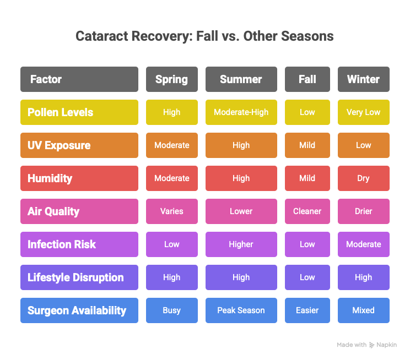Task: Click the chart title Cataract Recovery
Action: (204, 37)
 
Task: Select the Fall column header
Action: (307, 79)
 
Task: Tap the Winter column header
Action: (363, 79)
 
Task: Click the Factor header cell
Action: (79, 79)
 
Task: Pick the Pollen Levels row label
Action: (79, 112)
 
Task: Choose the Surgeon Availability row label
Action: (79, 310)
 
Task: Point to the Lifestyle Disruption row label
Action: (79, 277)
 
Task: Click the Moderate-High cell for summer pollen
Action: (241, 112)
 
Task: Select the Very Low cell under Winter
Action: (363, 112)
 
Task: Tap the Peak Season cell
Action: (241, 310)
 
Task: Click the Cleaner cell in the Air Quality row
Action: (307, 211)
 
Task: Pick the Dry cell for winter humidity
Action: (363, 178)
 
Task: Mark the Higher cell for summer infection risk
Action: (241, 244)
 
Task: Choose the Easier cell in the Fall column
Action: (307, 310)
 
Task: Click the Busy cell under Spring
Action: (171, 310)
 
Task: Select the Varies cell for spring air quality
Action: (171, 211)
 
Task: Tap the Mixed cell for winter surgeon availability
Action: (363, 310)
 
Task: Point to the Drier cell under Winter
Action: (363, 211)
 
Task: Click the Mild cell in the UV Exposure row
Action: (307, 145)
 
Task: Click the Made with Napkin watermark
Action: (366, 345)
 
